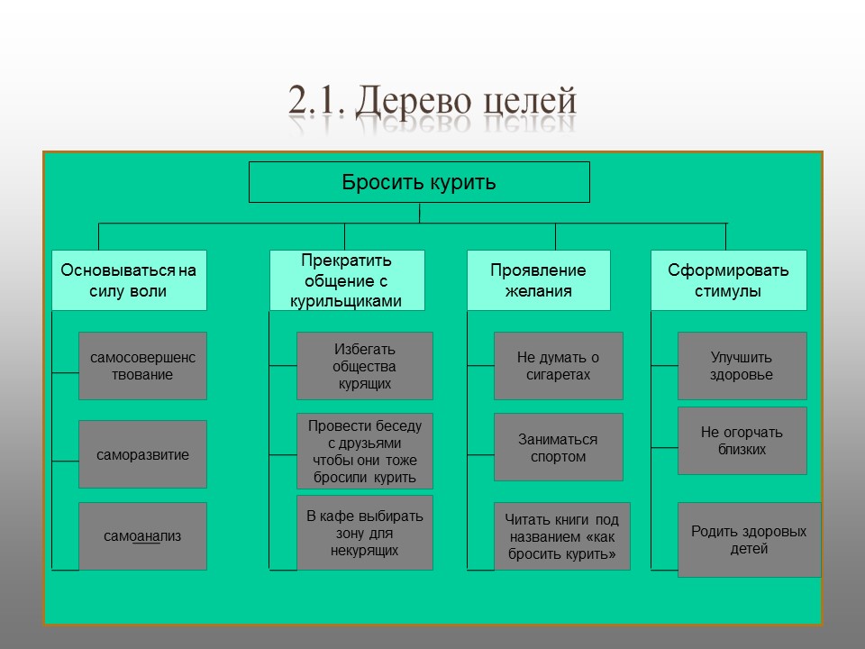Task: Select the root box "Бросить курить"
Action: pos(419,182)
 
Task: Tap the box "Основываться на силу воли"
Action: pos(129,280)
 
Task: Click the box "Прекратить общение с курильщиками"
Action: pos(346,280)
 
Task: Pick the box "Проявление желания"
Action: pos(538,280)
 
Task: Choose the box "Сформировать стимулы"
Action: pos(728,280)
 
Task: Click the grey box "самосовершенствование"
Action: pos(142,366)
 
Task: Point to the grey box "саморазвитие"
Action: pos(142,454)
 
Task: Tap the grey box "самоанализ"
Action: pos(142,535)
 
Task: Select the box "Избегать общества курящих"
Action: pos(364,366)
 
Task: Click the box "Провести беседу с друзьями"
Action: pos(364,451)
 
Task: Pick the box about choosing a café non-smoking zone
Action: pos(364,532)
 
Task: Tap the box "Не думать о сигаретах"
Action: pos(558,366)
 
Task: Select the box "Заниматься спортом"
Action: pos(558,447)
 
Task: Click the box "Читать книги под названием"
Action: pos(561,536)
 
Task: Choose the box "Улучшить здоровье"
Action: pos(742,366)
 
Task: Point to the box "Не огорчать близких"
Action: pos(742,440)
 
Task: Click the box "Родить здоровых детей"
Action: pos(749,539)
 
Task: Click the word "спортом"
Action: pos(558,457)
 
